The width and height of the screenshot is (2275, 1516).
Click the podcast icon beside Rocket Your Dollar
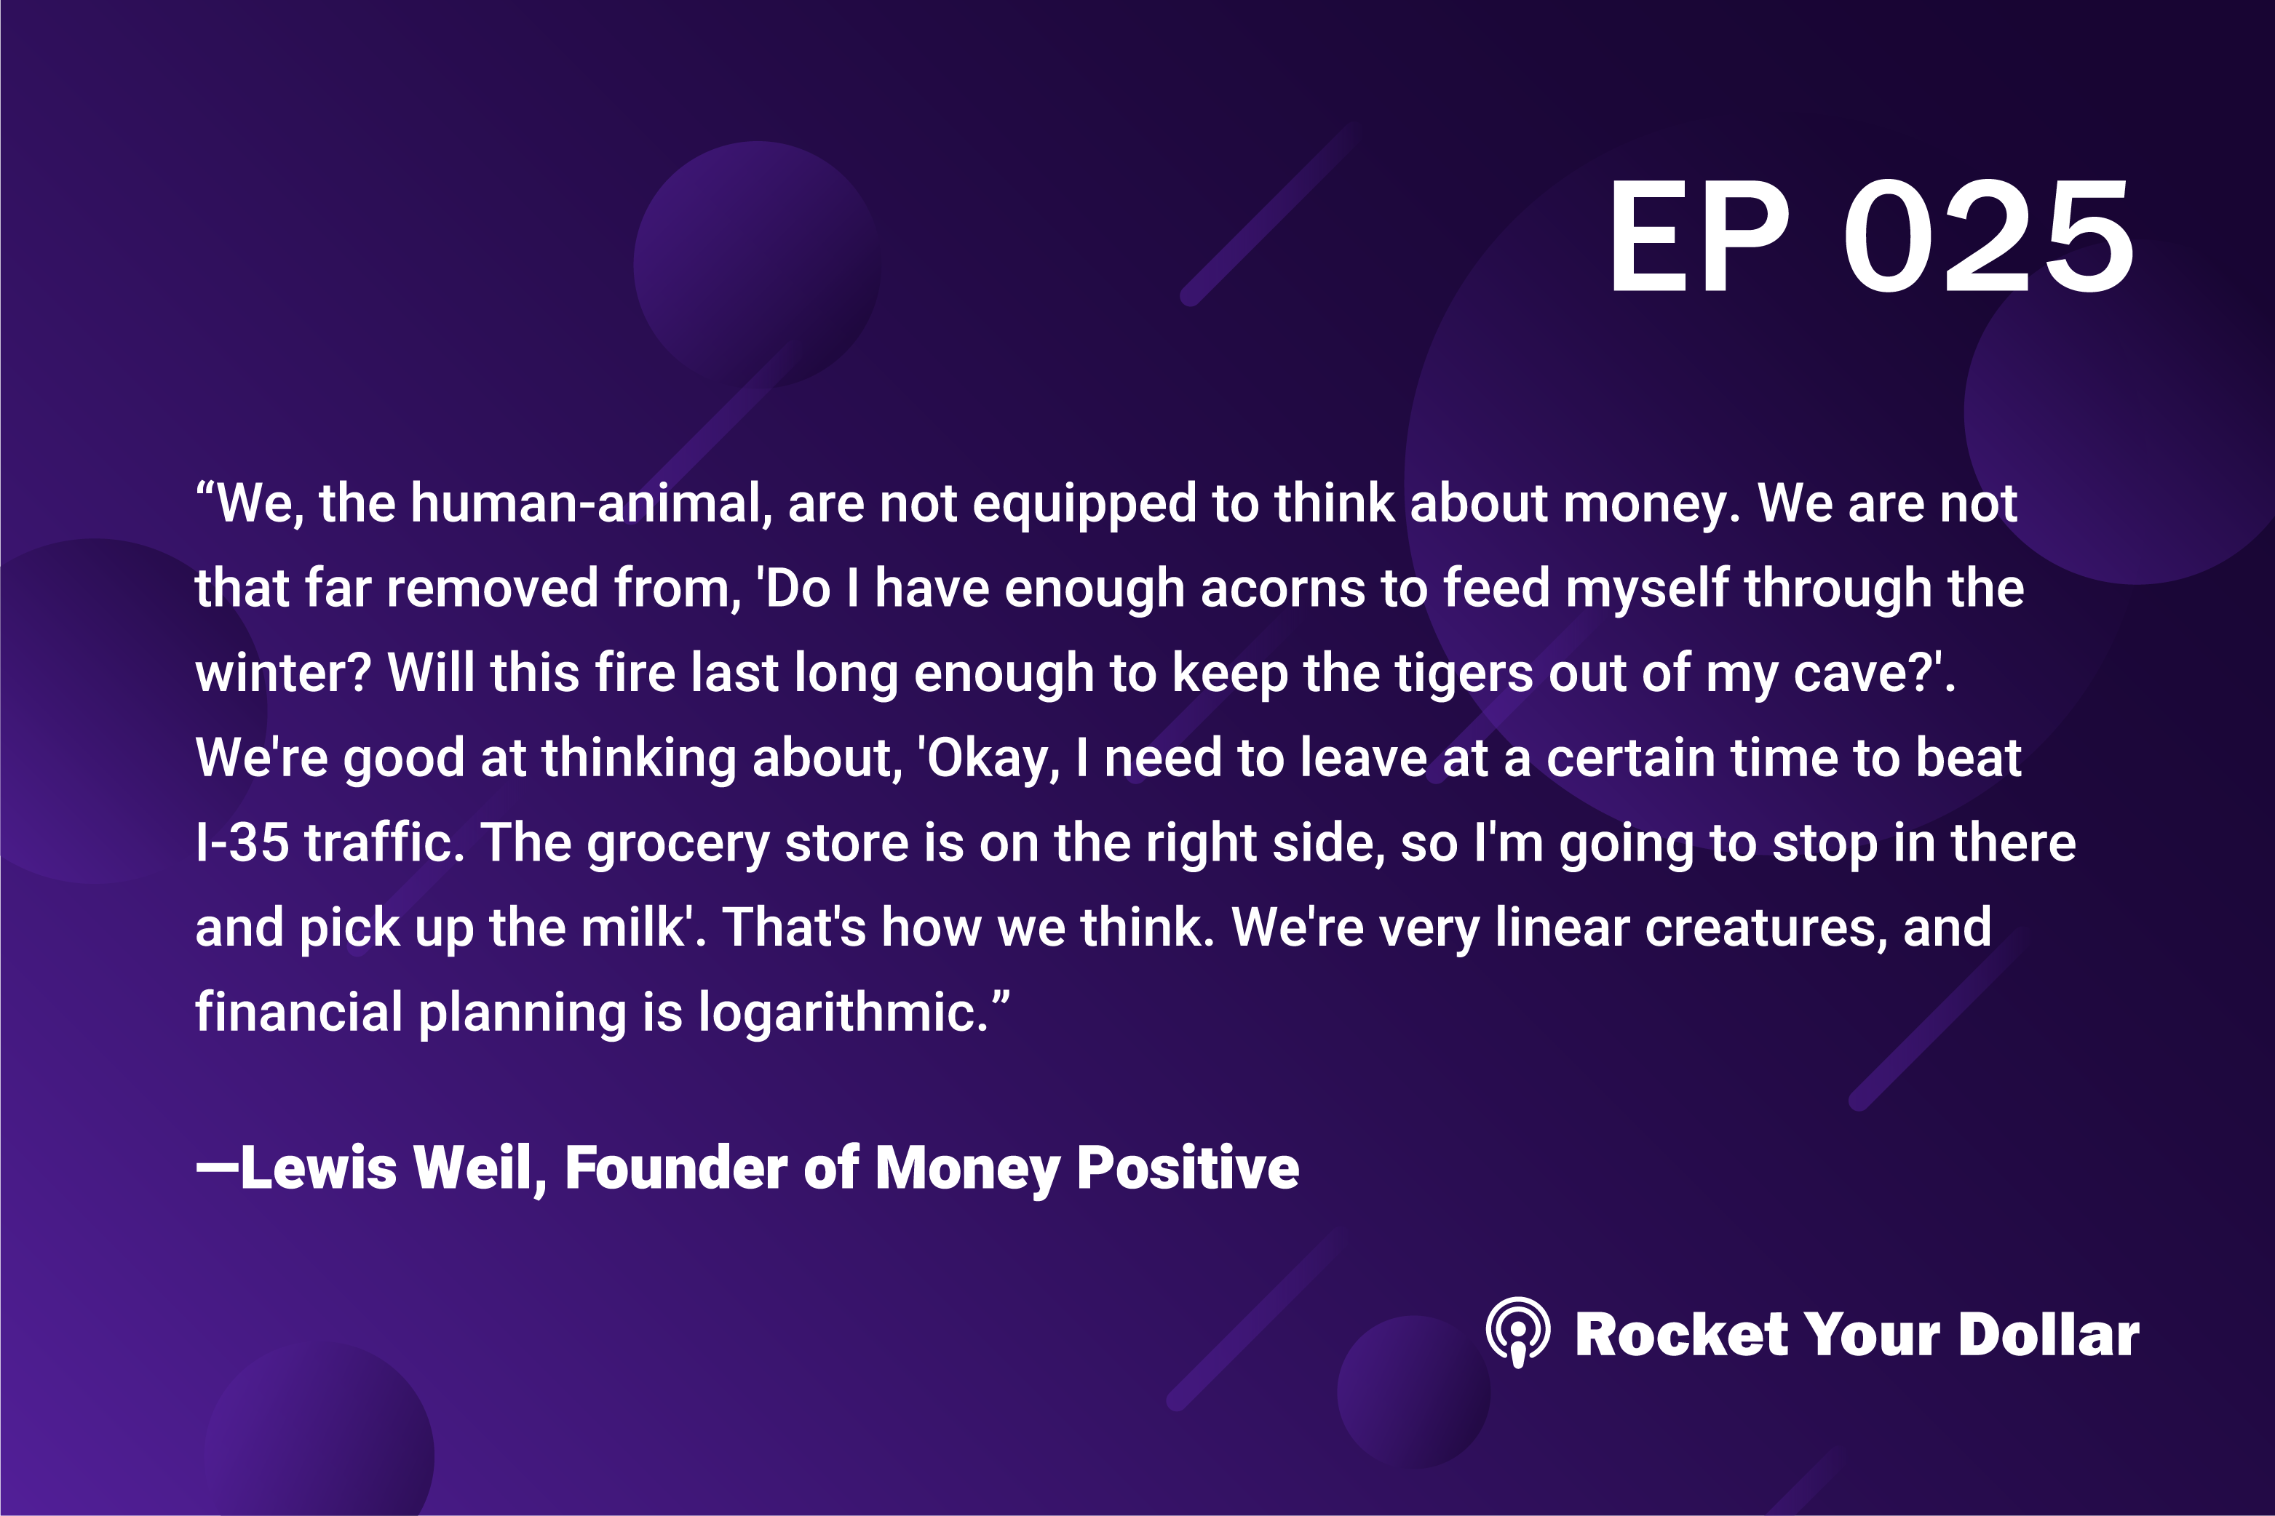click(1517, 1332)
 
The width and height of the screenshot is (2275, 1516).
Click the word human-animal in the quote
click(591, 503)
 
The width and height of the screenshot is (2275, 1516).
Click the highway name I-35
click(242, 842)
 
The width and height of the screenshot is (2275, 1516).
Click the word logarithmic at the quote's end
click(838, 1014)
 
